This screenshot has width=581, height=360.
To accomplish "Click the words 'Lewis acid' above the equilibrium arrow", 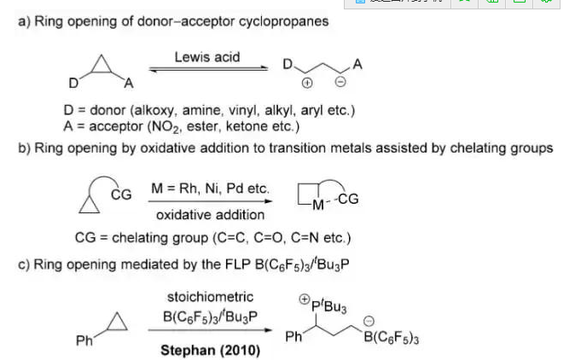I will click(x=207, y=57).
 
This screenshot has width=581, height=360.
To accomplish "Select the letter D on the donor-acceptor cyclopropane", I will click(x=74, y=84).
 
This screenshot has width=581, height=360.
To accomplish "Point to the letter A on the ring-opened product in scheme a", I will click(x=357, y=64).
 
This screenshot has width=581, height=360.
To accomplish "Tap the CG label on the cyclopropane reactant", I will click(x=121, y=195).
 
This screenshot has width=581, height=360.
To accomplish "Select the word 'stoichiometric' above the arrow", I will click(x=210, y=297).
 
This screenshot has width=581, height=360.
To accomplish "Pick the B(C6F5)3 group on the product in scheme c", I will click(x=391, y=340).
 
